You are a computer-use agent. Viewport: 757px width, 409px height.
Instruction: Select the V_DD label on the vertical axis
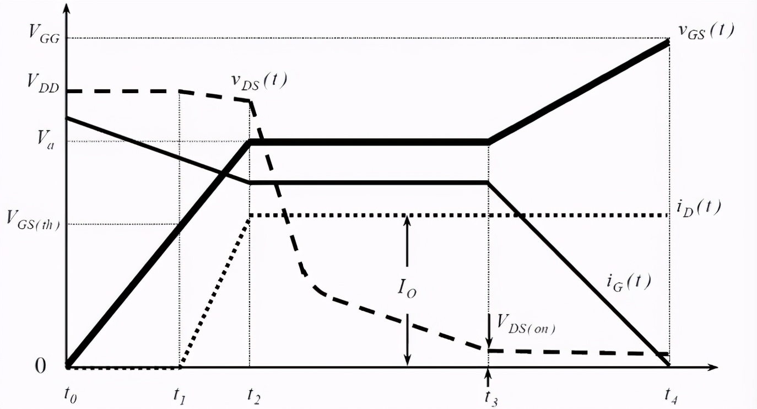pyautogui.click(x=44, y=83)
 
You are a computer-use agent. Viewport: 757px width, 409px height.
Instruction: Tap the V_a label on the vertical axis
pyautogui.click(x=45, y=140)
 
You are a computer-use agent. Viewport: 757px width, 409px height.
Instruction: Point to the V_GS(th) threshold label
pyautogui.click(x=33, y=221)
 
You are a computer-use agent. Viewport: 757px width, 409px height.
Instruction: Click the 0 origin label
pyautogui.click(x=40, y=365)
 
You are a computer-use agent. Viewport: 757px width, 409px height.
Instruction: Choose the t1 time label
pyautogui.click(x=180, y=395)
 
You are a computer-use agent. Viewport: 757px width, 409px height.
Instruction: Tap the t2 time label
pyautogui.click(x=253, y=395)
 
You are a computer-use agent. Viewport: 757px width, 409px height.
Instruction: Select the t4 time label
pyautogui.click(x=671, y=395)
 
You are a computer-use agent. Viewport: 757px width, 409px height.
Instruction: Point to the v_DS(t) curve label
pyautogui.click(x=259, y=82)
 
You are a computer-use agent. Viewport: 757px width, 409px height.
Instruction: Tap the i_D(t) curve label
pyautogui.click(x=699, y=208)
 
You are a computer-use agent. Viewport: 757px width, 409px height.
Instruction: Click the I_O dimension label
pyautogui.click(x=407, y=288)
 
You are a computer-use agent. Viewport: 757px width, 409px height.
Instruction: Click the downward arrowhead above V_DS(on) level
pyautogui.click(x=489, y=342)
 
